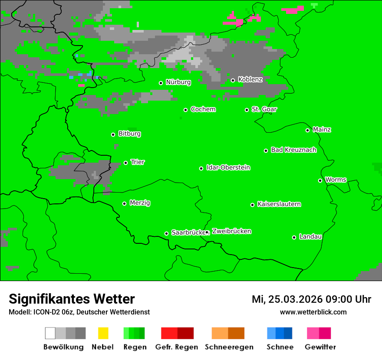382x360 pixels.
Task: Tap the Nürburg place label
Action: [178, 82]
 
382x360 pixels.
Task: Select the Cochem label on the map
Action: [203, 109]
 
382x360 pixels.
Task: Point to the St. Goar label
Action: [264, 109]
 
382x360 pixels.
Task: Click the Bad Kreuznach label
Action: [293, 150]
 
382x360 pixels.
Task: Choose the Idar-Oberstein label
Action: [228, 168]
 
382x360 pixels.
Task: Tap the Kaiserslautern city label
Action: [279, 204]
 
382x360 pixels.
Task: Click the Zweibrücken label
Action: [231, 232]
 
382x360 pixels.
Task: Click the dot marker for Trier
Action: [126, 163]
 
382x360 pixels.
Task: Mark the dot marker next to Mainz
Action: [308, 130]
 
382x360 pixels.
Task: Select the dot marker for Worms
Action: [320, 180]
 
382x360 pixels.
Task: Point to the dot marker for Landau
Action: [294, 237]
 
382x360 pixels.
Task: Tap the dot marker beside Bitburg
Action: [113, 134]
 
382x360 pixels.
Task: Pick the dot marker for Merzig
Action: [125, 203]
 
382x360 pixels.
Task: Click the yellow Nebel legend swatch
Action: [103, 333]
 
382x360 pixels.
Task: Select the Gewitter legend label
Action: [320, 347]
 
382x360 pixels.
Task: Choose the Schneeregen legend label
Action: [229, 347]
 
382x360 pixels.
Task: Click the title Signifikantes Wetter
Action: [72, 299]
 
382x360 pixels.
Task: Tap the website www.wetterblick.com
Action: [313, 312]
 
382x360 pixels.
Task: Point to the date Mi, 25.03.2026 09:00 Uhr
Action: [311, 299]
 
